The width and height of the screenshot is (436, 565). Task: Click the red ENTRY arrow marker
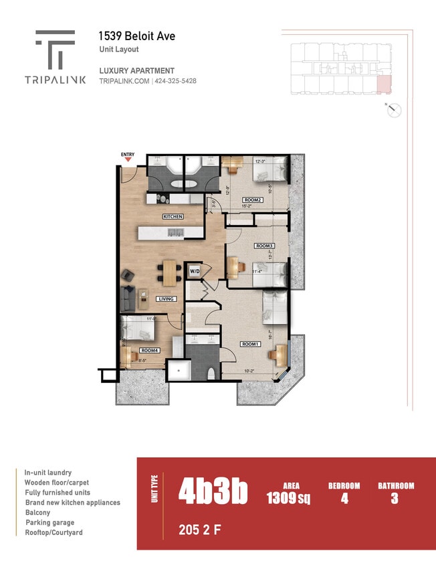[127, 160]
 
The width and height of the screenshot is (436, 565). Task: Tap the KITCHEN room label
[173, 217]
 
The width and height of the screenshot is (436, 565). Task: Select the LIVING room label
[166, 299]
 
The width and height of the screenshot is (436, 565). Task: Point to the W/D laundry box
[195, 271]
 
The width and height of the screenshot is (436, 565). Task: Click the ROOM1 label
[250, 344]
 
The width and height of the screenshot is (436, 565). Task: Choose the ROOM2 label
[253, 199]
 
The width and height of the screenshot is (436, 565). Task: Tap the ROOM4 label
[149, 350]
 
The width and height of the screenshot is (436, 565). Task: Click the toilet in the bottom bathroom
[211, 374]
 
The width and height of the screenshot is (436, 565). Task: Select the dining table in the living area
[170, 272]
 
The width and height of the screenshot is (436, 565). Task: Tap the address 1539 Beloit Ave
[137, 36]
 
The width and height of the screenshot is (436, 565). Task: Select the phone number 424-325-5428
[176, 81]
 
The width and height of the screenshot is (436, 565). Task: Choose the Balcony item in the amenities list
[37, 512]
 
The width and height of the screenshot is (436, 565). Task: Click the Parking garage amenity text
[50, 522]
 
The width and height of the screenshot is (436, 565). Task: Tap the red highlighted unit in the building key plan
[384, 84]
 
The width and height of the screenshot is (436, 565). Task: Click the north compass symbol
[395, 110]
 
